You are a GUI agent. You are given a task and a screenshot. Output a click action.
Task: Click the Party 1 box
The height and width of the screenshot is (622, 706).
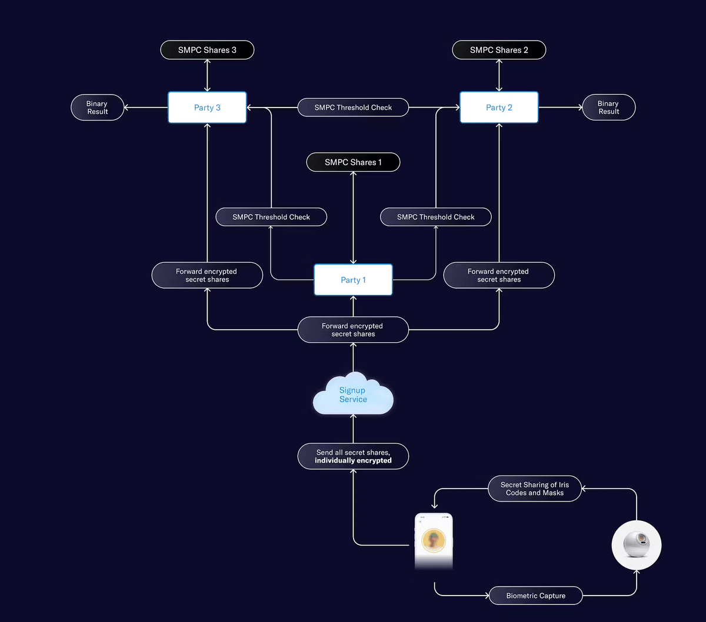tap(353, 280)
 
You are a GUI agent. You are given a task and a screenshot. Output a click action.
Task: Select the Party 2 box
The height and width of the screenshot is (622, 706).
tap(499, 108)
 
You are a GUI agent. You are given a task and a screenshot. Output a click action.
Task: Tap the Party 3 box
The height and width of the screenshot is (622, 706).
tap(207, 108)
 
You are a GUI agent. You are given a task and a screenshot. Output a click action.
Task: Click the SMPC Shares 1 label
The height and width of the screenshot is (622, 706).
tap(353, 162)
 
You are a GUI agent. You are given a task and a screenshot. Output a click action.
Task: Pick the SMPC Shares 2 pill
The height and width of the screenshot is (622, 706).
tap(499, 50)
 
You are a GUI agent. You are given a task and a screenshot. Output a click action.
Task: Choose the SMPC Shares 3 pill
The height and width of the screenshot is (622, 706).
tap(207, 50)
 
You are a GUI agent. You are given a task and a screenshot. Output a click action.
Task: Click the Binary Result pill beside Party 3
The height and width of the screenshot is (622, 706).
tap(98, 108)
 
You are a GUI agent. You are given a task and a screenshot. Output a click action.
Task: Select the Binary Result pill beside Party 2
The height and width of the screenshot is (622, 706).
tap(608, 108)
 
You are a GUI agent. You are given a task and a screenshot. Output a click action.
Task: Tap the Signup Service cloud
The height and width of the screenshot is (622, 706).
tap(353, 394)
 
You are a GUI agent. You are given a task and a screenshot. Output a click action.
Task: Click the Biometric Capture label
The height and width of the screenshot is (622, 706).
tap(535, 596)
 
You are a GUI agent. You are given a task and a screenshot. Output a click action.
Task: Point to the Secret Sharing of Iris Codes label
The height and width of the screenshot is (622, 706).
tap(535, 489)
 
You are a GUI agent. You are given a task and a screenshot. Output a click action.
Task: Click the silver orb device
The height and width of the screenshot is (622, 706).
tap(637, 545)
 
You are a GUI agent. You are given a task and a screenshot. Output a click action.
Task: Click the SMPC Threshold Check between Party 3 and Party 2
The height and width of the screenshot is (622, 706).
tap(353, 108)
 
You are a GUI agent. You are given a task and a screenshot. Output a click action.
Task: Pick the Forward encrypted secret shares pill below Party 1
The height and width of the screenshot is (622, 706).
tap(353, 330)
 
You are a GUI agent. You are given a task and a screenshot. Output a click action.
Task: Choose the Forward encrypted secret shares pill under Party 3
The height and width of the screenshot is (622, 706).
tap(207, 275)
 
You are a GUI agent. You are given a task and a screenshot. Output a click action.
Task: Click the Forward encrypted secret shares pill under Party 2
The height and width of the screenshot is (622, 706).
tap(499, 275)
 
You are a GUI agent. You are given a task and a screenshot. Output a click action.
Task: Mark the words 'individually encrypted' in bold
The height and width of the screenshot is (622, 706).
tap(353, 461)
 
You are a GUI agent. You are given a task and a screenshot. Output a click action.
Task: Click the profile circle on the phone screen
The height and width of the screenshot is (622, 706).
tap(434, 540)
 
